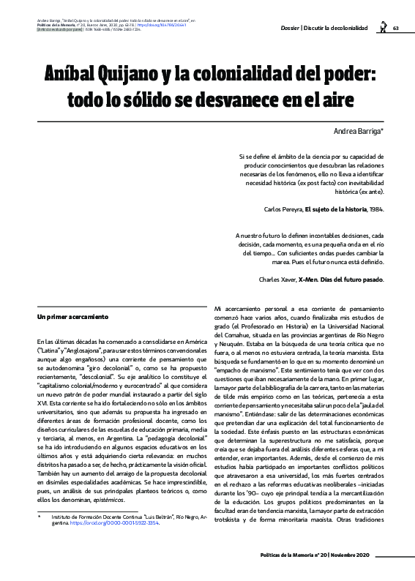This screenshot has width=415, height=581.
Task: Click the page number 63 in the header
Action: [x=395, y=28]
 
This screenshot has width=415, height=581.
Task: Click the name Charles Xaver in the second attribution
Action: [x=280, y=280]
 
